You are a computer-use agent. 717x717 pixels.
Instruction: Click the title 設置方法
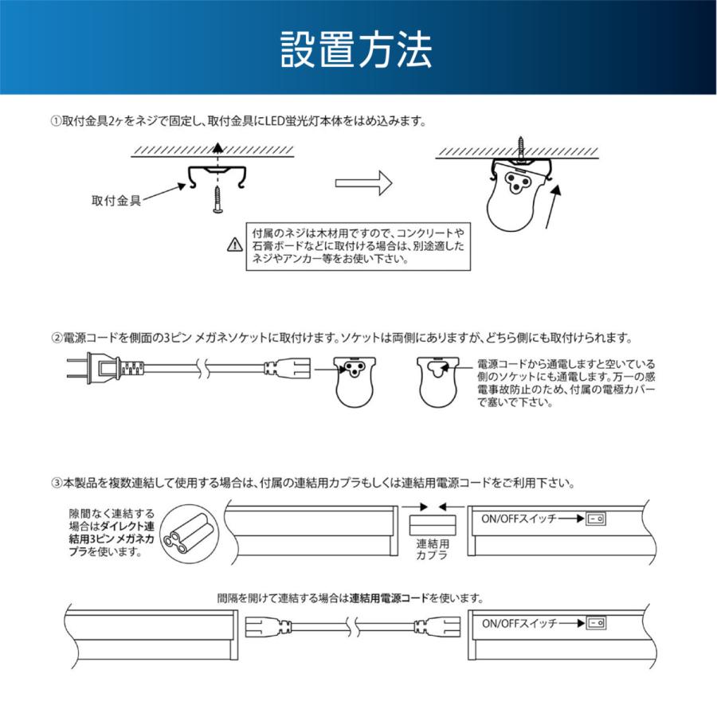coord(358,50)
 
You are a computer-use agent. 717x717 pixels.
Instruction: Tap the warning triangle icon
coord(233,245)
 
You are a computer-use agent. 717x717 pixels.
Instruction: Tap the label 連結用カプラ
coord(432,550)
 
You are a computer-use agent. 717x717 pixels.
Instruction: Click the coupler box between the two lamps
coord(432,526)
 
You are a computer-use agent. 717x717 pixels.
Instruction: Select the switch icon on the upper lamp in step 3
coord(594,518)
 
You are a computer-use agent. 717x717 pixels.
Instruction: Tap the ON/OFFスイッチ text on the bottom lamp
coord(518,624)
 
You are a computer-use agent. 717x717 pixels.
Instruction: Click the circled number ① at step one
coord(56,122)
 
